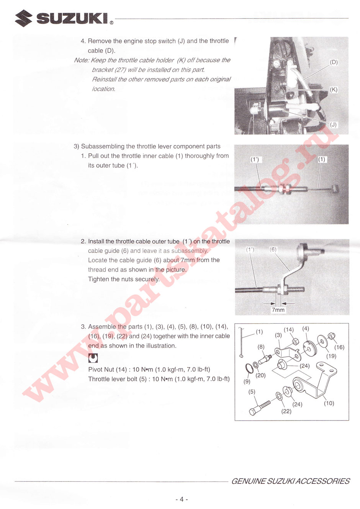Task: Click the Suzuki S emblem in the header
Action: click(x=23, y=18)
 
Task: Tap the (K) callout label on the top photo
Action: click(x=334, y=90)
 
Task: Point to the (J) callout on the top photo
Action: click(x=333, y=124)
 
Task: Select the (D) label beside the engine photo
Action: click(x=334, y=62)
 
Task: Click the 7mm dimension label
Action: click(x=278, y=310)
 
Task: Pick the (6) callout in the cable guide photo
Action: click(x=273, y=249)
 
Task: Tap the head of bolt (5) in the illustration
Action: click(x=253, y=412)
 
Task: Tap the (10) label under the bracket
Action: click(x=329, y=403)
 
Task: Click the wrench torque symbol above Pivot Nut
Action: click(x=93, y=358)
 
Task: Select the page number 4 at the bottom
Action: click(x=182, y=499)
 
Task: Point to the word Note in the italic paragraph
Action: click(x=81, y=60)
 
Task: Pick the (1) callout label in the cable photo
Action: click(x=322, y=159)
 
